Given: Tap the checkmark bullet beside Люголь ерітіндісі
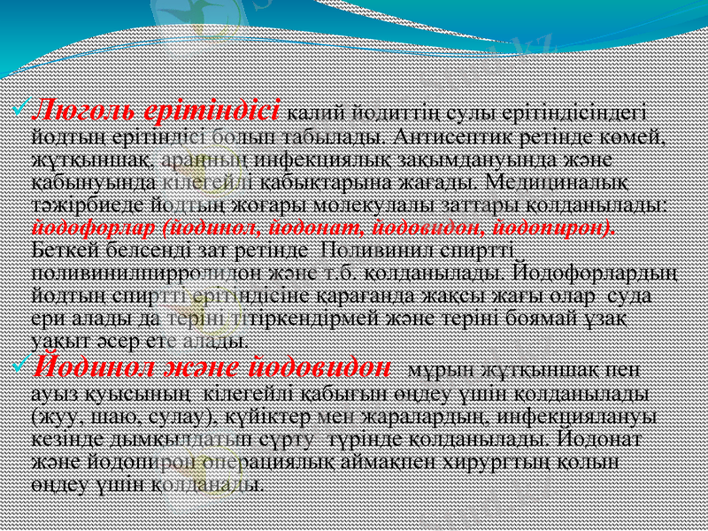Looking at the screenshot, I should (22, 112).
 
